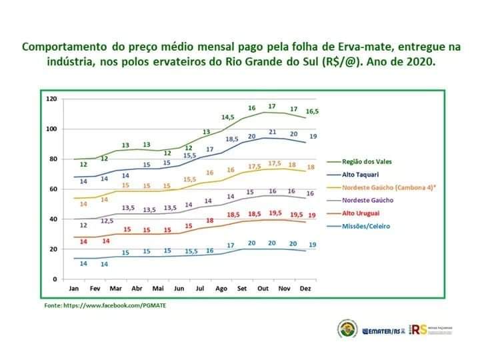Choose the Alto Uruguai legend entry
pyautogui.click(x=364, y=213)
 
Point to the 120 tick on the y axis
pyautogui.click(x=51, y=99)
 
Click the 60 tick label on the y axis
pyautogui.click(x=53, y=189)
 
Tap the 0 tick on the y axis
pyautogui.click(x=55, y=279)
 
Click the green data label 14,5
pyautogui.click(x=228, y=117)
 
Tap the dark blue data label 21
pyautogui.click(x=272, y=132)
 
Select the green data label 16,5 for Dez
pyautogui.click(x=312, y=111)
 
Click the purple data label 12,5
pyautogui.click(x=107, y=220)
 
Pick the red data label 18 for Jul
pyautogui.click(x=209, y=220)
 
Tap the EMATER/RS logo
pyautogui.click(x=382, y=330)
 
